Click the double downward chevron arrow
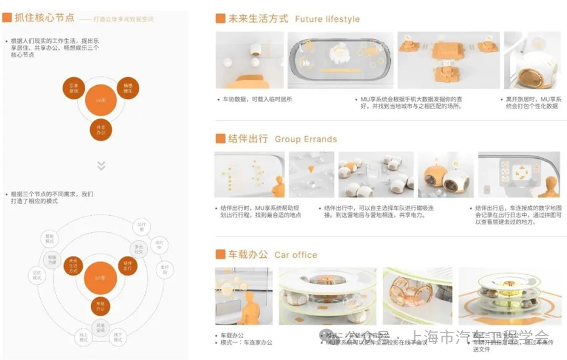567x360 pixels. coord(101,165)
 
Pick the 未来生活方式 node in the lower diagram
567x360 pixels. coord(73,266)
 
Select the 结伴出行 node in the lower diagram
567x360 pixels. coord(128,266)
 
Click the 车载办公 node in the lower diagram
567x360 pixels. coord(100,306)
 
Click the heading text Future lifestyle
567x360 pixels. coord(327,19)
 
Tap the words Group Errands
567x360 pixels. coord(305,139)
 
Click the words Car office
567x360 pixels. coord(296,255)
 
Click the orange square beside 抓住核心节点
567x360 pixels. coord(7,18)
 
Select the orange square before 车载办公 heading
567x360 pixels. coord(220,254)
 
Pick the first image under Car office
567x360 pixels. coord(243,296)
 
